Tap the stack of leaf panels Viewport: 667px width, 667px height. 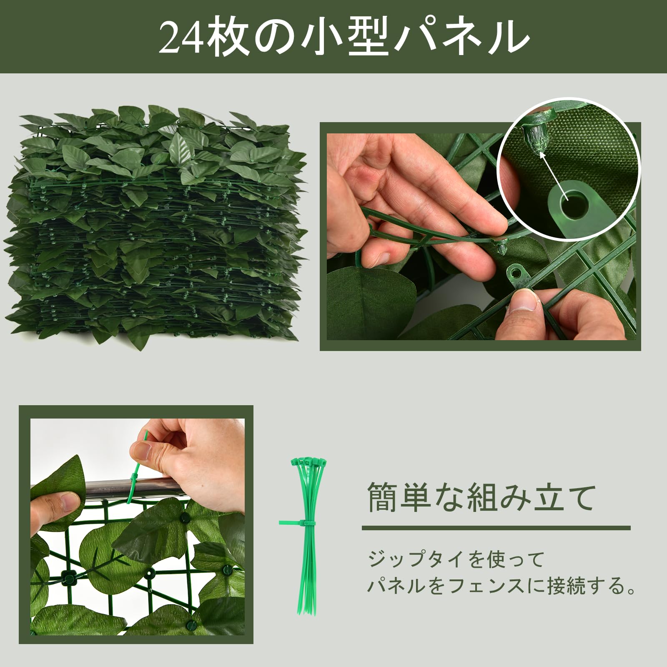click(x=154, y=225)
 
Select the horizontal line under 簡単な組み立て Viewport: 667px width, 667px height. click(x=496, y=528)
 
